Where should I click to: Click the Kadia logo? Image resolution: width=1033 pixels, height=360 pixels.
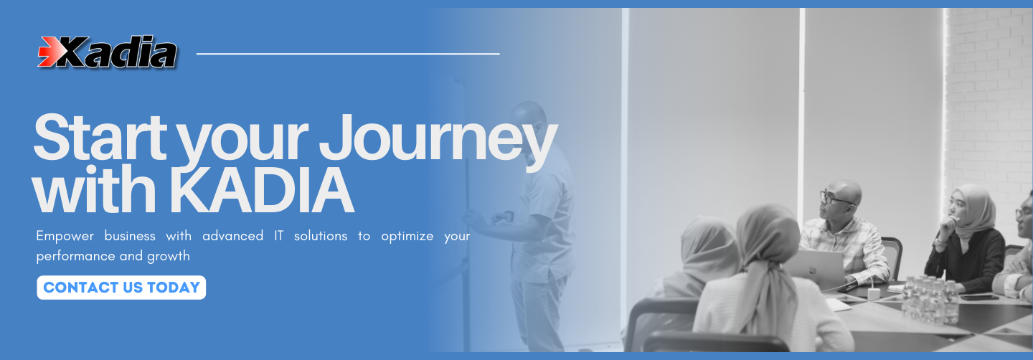coord(108,52)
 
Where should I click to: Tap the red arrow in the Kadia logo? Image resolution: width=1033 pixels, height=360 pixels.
coord(49,52)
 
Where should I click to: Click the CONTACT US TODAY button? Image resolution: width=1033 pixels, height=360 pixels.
coord(121,288)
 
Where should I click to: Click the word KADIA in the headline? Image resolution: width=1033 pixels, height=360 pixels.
coord(261,191)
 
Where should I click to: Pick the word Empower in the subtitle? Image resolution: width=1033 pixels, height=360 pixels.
coord(65,236)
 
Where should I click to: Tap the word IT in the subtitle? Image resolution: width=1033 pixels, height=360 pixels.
coord(278,235)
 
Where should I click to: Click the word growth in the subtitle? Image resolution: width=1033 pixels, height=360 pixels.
coord(169,256)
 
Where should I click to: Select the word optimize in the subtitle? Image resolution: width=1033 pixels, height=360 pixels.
coord(407,237)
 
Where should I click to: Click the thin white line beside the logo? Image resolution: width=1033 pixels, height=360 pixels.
coord(348,54)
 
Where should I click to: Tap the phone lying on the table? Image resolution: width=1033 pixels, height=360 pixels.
coord(979,298)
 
